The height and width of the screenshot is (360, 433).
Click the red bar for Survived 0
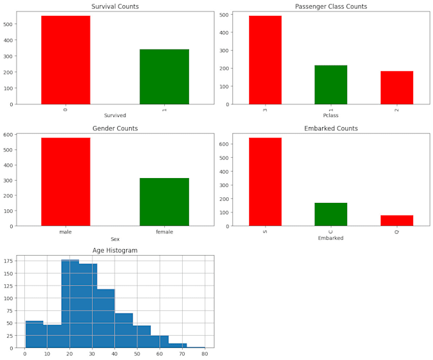[x=66, y=60]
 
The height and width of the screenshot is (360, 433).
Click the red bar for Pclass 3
[x=265, y=60]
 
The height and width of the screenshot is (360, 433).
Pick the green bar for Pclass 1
[x=330, y=85]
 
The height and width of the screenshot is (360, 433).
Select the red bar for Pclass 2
[x=397, y=88]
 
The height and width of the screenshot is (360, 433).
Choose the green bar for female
[x=164, y=202]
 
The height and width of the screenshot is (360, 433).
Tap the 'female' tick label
[x=164, y=232]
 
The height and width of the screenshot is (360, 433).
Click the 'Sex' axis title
[x=115, y=239]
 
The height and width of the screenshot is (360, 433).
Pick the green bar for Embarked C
[x=330, y=214]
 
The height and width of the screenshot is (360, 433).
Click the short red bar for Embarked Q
[x=397, y=220]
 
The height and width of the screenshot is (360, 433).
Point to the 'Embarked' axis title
[x=330, y=238]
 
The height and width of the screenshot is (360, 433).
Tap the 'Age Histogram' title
[x=115, y=251]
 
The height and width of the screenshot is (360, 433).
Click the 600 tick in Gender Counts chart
[x=8, y=135]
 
